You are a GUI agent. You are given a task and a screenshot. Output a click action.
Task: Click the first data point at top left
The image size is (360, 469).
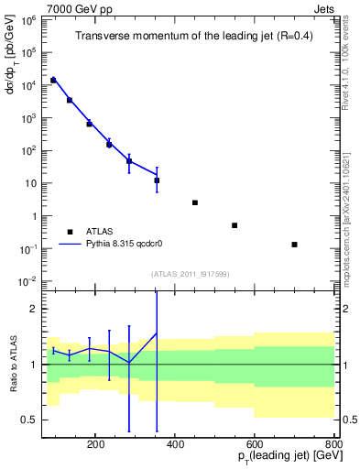click(x=53, y=81)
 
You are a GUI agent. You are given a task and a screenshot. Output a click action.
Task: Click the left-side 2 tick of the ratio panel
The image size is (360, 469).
click(x=33, y=310)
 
